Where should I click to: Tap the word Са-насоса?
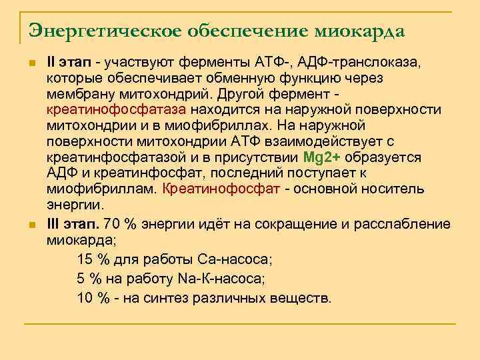235,259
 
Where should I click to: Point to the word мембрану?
77,94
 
